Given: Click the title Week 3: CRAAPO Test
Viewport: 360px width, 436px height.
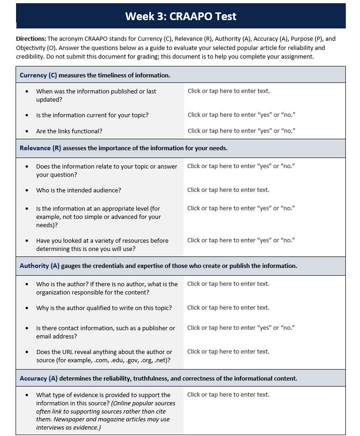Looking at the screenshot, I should [x=180, y=17].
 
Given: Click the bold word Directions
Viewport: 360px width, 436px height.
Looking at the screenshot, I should [x=31, y=39].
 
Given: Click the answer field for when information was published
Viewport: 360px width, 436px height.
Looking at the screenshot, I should [x=229, y=91].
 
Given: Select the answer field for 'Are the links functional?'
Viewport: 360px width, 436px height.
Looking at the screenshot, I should [x=241, y=131].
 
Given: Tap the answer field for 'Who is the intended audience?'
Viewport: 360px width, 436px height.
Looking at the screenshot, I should [x=228, y=190].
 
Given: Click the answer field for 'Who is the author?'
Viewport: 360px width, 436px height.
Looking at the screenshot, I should [x=228, y=284].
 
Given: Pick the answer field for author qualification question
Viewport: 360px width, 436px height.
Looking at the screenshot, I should [x=228, y=308].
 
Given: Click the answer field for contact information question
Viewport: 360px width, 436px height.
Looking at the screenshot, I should [x=241, y=328].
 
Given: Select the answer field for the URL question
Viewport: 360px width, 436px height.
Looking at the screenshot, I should [x=228, y=352].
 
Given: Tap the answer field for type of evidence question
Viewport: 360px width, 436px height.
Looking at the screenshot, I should [x=228, y=395].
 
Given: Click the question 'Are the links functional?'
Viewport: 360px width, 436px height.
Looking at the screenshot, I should [x=69, y=131].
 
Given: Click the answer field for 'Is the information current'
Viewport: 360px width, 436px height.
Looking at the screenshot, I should [x=241, y=115].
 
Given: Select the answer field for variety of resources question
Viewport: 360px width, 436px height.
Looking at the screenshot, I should [x=241, y=240].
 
